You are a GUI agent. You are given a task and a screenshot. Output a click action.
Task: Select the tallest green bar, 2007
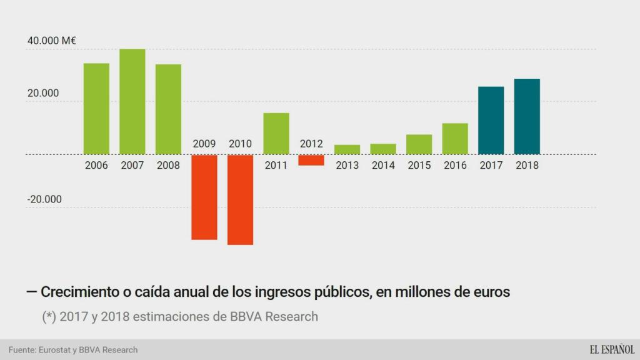[x=132, y=101]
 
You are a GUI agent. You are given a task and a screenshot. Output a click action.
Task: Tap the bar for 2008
[x=168, y=109]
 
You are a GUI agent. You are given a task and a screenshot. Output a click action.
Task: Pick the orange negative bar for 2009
[x=204, y=197]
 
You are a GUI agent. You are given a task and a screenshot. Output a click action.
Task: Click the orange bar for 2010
[x=240, y=199]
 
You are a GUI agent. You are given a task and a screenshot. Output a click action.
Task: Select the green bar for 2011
[x=276, y=133]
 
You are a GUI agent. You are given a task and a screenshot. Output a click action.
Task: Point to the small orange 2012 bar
[x=312, y=160]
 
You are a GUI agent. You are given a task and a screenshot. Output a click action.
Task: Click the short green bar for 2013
[x=347, y=149]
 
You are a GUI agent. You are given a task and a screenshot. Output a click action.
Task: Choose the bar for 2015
[x=419, y=144]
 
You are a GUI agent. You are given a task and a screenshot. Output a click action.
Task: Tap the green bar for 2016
[x=455, y=139]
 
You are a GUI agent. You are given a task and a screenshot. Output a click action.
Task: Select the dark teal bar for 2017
[x=491, y=120]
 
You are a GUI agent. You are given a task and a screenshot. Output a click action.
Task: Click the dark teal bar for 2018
[x=527, y=116]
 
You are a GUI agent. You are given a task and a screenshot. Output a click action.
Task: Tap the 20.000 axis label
[x=42, y=94]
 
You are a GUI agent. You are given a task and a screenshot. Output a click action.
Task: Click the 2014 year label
[x=383, y=166]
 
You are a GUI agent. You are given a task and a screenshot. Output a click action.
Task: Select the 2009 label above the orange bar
[x=204, y=144]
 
